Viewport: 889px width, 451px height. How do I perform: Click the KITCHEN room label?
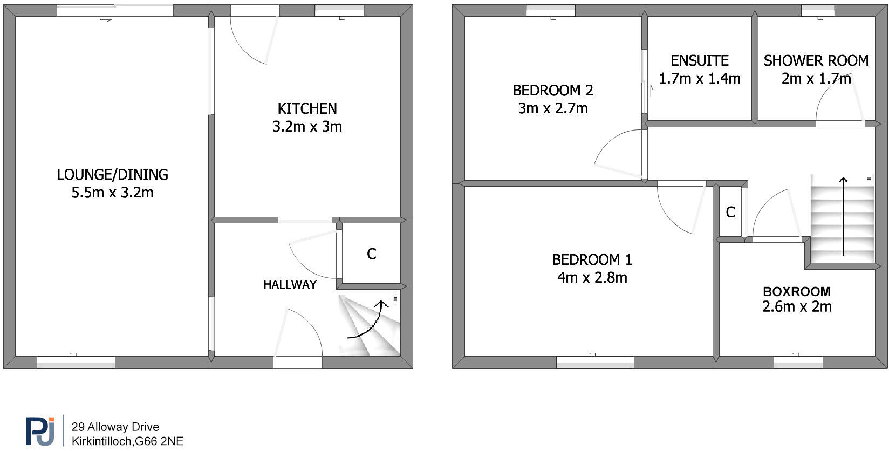(307, 109)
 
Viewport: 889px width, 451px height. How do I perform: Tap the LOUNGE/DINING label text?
(112, 175)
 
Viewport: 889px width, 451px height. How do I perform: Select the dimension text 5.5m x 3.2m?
(112, 193)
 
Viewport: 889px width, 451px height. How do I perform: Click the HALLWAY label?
(290, 285)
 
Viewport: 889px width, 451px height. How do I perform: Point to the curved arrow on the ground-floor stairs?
(368, 321)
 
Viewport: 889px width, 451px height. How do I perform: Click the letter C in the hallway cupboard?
(371, 254)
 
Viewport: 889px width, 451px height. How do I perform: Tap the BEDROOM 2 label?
(552, 91)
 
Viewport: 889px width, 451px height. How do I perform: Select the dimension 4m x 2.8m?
(592, 278)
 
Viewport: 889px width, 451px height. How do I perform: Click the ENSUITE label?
(699, 60)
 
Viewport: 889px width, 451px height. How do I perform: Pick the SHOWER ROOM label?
(816, 60)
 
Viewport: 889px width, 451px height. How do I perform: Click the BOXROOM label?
(796, 292)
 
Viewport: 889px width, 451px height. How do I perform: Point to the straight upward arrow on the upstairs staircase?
(843, 216)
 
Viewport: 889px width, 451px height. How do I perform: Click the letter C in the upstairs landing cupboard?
(730, 213)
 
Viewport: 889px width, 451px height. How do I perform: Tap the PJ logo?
(40, 431)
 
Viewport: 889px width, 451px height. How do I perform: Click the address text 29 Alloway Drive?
(115, 428)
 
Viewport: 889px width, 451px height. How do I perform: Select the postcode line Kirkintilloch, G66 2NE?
(127, 441)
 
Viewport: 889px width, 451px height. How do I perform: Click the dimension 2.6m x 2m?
(797, 307)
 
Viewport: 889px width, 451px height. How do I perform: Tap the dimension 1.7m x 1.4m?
(699, 79)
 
